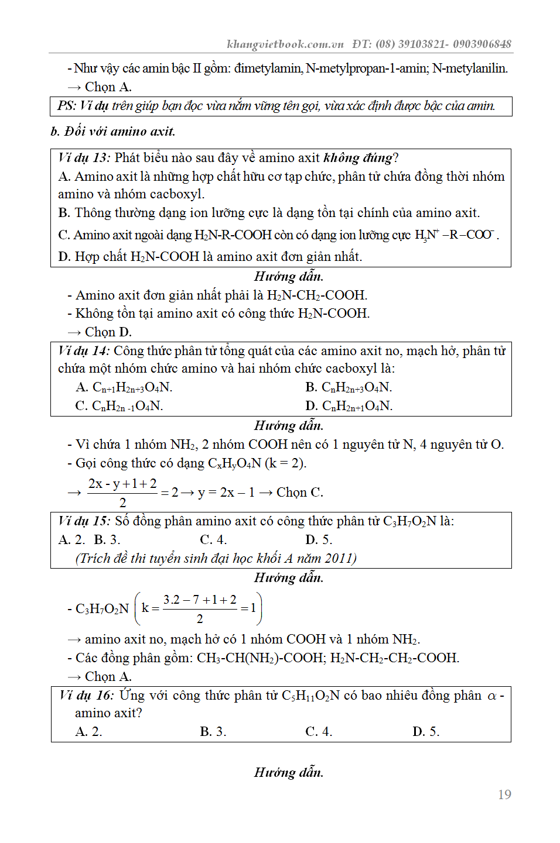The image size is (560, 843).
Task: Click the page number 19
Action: [x=504, y=794]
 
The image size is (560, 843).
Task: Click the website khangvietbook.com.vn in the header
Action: [x=285, y=44]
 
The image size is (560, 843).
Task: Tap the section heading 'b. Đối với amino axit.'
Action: [x=113, y=131]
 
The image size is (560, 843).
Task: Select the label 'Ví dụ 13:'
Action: [x=84, y=157]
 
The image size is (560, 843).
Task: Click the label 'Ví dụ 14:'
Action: [x=83, y=350]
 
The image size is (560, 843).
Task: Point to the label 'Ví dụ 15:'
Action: [x=84, y=521]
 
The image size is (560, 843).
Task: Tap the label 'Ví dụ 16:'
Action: [x=86, y=695]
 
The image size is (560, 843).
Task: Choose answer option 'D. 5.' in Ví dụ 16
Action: [x=426, y=731]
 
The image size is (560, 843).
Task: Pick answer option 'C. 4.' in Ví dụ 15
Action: [x=213, y=539]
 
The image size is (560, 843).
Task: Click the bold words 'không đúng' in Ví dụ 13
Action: [x=358, y=157]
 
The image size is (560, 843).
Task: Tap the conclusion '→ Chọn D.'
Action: [x=100, y=332]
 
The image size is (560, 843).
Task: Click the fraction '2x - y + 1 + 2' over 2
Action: [x=122, y=492]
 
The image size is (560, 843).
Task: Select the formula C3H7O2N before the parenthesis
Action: [x=102, y=608]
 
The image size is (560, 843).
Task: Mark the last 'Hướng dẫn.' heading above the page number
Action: [x=288, y=772]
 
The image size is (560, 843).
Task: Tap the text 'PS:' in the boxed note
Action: [x=67, y=106]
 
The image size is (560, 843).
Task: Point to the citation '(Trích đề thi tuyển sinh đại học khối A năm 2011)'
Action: [x=216, y=558]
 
